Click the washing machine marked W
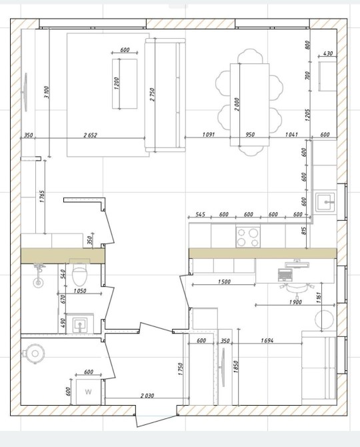[89, 392]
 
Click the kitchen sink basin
[325, 202]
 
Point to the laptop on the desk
[285, 275]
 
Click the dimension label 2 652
[90, 135]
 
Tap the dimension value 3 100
[47, 92]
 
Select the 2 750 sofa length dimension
[152, 95]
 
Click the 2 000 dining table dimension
[237, 105]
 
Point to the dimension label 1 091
[208, 134]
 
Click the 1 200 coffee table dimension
[116, 83]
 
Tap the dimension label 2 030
[147, 396]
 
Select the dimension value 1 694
[267, 340]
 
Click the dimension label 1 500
[225, 282]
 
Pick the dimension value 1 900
[295, 302]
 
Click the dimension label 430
[328, 53]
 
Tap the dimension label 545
[200, 214]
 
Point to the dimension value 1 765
[42, 196]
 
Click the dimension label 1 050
[80, 291]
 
